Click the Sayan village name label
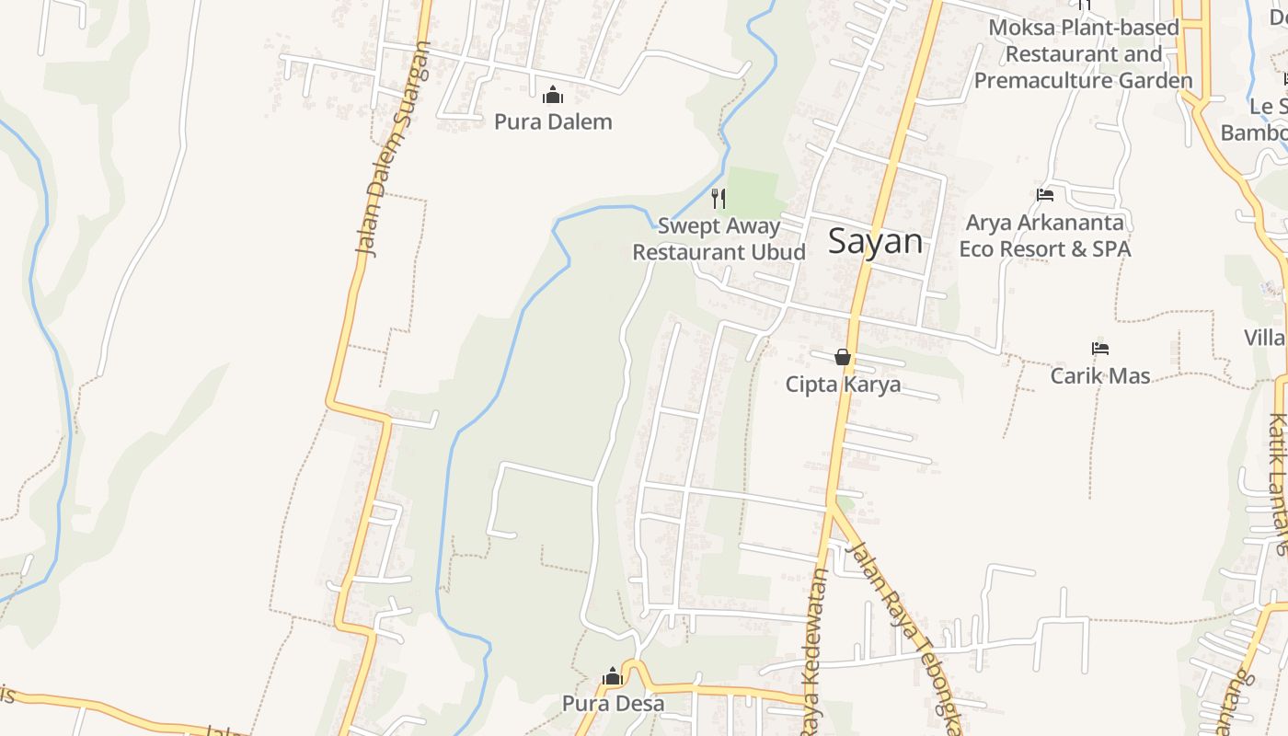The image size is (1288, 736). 875,241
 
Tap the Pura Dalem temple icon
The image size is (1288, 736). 553,95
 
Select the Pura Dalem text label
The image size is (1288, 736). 553,121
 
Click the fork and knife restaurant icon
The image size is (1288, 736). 719,198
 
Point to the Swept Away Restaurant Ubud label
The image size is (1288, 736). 719,239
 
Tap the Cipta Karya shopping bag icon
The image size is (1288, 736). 843,357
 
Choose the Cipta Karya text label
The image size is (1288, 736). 843,385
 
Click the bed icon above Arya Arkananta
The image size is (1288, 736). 1045,194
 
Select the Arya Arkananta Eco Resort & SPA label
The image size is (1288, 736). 1045,236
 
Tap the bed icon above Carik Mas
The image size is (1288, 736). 1100,349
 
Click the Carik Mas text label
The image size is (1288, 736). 1100,375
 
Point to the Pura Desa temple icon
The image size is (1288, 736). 613,678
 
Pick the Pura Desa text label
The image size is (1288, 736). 613,704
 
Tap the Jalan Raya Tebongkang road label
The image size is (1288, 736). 906,635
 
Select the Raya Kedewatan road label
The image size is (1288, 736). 815,653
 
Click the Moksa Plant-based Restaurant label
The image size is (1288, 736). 1083,53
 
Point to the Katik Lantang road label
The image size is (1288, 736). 1278,483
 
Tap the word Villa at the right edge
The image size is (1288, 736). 1265,338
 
